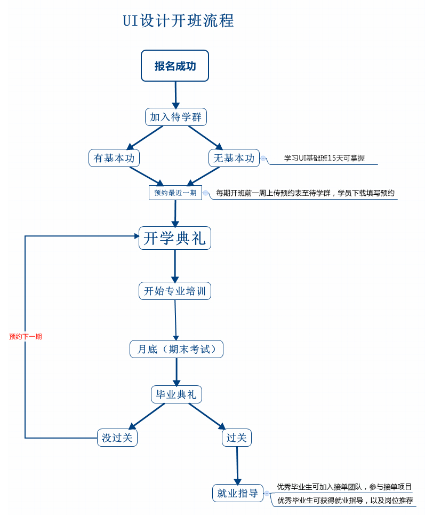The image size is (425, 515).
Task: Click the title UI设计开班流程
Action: click(178, 21)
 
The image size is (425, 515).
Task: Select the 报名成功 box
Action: click(175, 66)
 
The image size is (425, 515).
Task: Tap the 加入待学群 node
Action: click(175, 117)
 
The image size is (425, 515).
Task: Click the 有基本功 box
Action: click(114, 158)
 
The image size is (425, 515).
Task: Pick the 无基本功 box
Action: click(234, 158)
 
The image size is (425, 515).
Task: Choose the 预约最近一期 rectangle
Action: click(175, 193)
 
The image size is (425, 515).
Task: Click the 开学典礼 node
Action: click(175, 238)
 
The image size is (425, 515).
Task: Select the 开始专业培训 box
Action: click(175, 291)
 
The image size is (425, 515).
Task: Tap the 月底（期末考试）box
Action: click(177, 349)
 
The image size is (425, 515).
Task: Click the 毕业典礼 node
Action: click(177, 394)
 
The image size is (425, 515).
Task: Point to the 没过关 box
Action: click(117, 438)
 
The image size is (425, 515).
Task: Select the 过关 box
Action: click(237, 438)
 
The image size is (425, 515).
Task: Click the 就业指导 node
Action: click(238, 493)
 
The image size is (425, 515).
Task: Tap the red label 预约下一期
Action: click(25, 337)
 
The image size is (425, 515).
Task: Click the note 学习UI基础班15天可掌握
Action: click(324, 158)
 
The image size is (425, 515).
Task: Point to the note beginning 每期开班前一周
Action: click(305, 193)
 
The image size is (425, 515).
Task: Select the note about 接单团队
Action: click(344, 487)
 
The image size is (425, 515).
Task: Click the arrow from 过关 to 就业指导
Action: click(237, 465)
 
